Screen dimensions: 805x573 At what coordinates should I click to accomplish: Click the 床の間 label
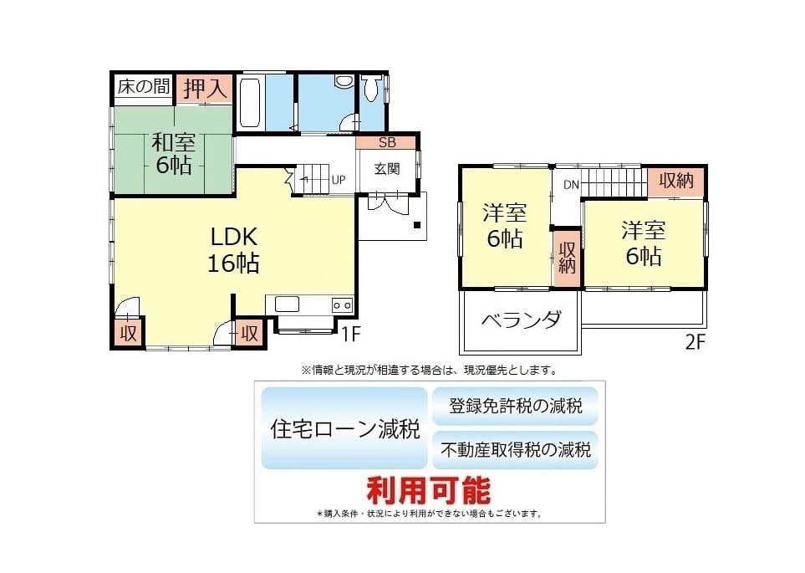click(x=143, y=86)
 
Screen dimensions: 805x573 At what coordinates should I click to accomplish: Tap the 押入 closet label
click(x=206, y=89)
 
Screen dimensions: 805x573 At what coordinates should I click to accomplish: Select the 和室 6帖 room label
click(x=173, y=154)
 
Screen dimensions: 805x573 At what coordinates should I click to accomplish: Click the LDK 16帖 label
click(x=233, y=250)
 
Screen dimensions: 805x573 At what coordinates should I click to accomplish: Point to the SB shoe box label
click(x=387, y=142)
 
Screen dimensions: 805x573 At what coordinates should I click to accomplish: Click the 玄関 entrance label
click(x=386, y=169)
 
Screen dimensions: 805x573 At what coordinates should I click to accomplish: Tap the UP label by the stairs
click(x=339, y=180)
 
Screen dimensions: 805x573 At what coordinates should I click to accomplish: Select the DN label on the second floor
click(x=571, y=185)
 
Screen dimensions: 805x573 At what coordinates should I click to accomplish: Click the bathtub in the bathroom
click(x=250, y=103)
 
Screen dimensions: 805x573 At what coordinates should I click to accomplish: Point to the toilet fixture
click(x=370, y=89)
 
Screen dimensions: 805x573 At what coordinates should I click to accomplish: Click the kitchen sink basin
click(x=287, y=304)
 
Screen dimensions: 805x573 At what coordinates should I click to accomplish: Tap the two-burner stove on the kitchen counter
click(x=342, y=305)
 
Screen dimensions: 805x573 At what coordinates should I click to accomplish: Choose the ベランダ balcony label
click(x=521, y=320)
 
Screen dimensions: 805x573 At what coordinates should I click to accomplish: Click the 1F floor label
click(x=352, y=335)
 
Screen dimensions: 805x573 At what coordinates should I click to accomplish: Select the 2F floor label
click(x=695, y=342)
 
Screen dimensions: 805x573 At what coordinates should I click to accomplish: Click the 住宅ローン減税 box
click(x=344, y=428)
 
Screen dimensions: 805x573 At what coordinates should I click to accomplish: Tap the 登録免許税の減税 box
click(x=516, y=406)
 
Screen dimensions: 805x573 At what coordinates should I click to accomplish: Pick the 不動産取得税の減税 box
click(x=516, y=450)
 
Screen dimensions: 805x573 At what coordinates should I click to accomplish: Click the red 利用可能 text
click(x=429, y=490)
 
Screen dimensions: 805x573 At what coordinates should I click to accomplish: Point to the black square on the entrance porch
click(x=417, y=224)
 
